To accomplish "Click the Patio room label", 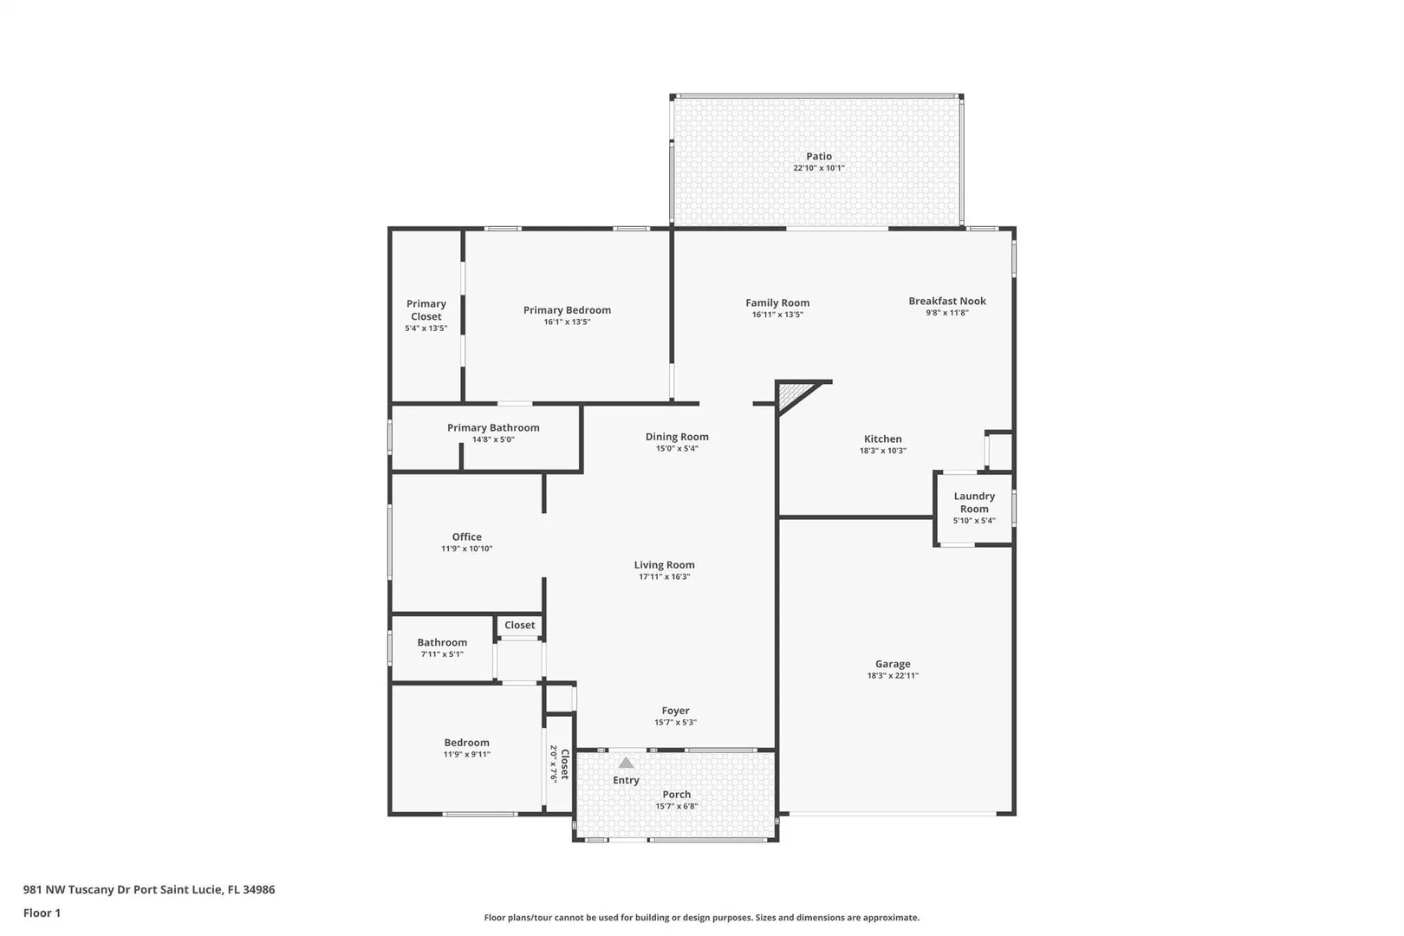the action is [x=819, y=156].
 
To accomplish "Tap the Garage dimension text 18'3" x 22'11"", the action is [x=893, y=676].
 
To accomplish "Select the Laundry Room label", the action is [x=974, y=502].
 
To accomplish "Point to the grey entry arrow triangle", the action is [x=626, y=763].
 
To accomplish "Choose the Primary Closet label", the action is [x=426, y=309].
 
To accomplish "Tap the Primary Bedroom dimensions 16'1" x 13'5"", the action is [x=567, y=322].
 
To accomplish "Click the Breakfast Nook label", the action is [x=947, y=301].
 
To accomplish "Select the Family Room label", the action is [x=777, y=302].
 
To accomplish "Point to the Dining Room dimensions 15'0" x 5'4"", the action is [x=677, y=448].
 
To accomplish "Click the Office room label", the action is [x=466, y=536].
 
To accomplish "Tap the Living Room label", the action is [x=664, y=565].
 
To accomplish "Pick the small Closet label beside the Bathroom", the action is [x=520, y=625].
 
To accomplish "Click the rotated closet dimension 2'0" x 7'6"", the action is [x=554, y=764].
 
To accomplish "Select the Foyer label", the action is [x=675, y=711].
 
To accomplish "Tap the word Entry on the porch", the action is [x=626, y=780].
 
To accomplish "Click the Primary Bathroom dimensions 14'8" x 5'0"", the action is [x=493, y=439].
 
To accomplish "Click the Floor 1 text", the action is [x=42, y=913].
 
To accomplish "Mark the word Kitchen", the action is [x=882, y=439].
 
